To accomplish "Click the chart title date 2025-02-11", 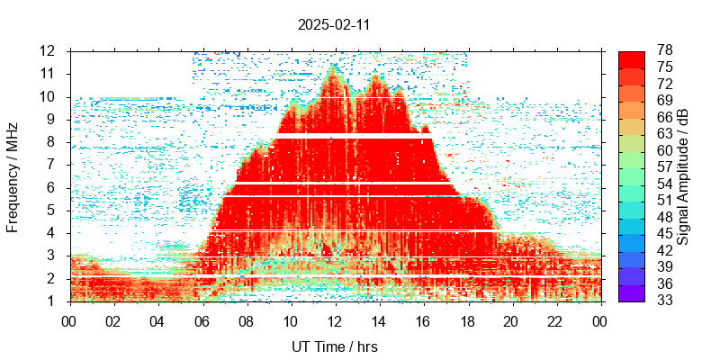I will coord(334,25).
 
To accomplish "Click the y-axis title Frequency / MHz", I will coord(13,175).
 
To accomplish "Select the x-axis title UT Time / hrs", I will coord(334,346).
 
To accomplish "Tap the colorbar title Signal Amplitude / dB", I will coord(683,175).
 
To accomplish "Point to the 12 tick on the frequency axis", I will coord(49,50).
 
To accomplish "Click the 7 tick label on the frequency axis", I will coord(53,165).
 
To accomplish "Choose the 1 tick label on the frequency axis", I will coord(53,301).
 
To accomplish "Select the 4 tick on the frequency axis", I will coord(53,233).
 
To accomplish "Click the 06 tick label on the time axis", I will coord(202,320).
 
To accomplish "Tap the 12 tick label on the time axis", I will coord(335,320).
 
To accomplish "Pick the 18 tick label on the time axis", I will coord(467,320).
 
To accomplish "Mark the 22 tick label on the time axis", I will coord(555,320).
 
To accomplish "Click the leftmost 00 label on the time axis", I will coord(69,320).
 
